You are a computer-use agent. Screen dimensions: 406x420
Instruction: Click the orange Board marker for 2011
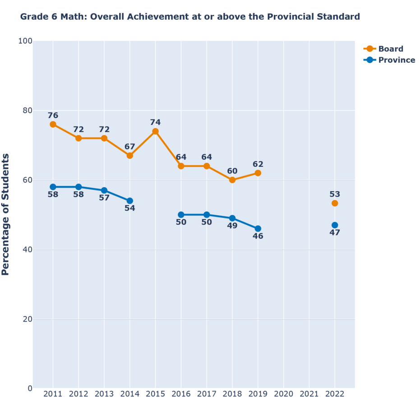tap(53, 125)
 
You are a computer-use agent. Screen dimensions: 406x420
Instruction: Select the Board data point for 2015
tap(155, 131)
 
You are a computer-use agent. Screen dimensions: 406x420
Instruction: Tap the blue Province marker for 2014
tap(130, 201)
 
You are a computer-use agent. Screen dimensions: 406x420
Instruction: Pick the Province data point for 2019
tap(258, 229)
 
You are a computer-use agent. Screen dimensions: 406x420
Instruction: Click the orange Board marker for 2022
tap(335, 203)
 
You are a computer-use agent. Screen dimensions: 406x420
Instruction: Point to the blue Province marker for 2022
tap(335, 225)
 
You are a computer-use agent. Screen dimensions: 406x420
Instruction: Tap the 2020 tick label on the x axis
tap(283, 395)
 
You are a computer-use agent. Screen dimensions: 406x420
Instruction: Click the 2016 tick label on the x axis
tap(181, 395)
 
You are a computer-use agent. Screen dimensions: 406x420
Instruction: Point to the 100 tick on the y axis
tap(25, 41)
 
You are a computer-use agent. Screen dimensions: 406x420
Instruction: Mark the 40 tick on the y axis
tap(27, 249)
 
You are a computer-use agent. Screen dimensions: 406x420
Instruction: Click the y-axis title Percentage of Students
tap(6, 214)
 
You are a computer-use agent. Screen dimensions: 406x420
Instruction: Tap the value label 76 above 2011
tap(53, 115)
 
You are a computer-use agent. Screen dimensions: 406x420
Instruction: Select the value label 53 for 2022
tap(335, 194)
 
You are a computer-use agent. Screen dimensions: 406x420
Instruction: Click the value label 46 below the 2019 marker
tap(258, 236)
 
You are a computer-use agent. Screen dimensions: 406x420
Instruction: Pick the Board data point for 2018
tap(232, 180)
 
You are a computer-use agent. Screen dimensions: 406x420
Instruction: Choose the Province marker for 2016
tap(181, 215)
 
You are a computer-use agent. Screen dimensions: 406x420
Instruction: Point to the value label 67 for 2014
tap(130, 147)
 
